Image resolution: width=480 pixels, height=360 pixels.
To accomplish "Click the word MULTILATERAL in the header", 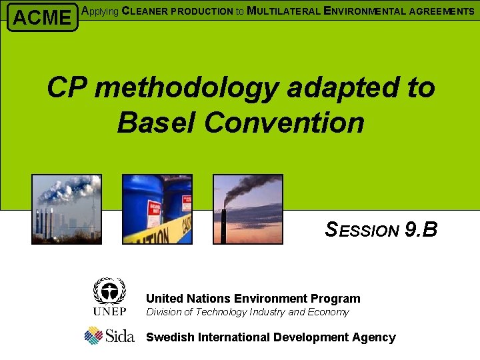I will pyautogui.click(x=279, y=11).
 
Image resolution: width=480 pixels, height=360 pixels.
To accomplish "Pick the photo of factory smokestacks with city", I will pyautogui.click(x=66, y=209).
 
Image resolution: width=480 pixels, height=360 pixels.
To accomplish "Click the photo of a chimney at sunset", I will pyautogui.click(x=247, y=209).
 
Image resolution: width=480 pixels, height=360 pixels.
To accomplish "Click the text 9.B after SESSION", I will pyautogui.click(x=421, y=230).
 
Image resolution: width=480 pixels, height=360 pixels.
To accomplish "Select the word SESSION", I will pyautogui.click(x=362, y=231).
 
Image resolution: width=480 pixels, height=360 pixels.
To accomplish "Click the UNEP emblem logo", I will pyautogui.click(x=109, y=297).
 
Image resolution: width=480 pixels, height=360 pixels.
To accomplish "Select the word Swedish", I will pyautogui.click(x=169, y=337).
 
